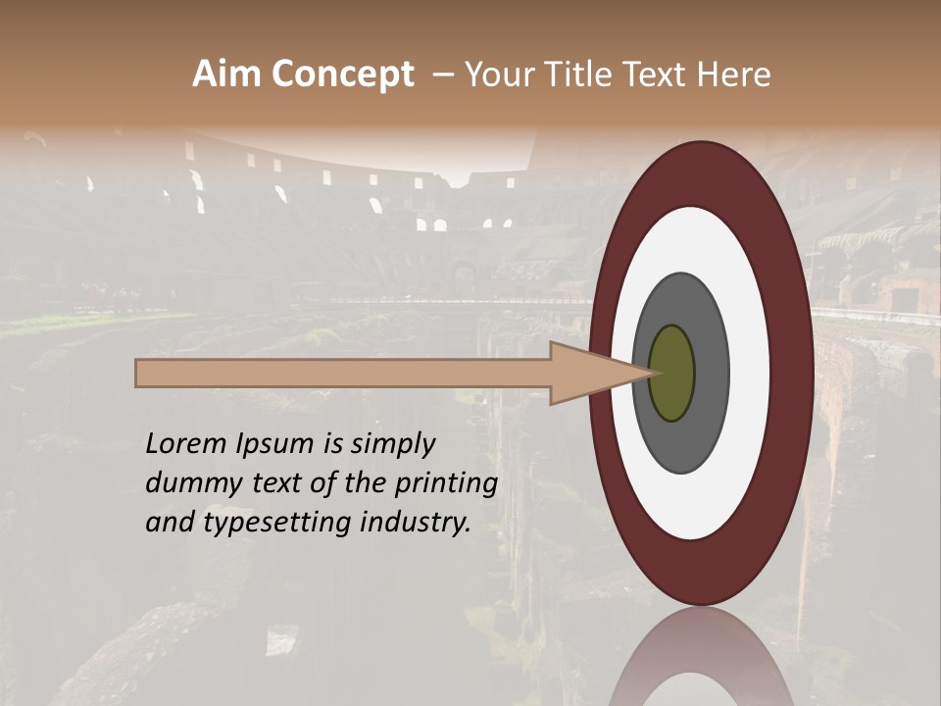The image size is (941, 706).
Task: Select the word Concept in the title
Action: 342,75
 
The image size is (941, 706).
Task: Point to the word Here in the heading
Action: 734,75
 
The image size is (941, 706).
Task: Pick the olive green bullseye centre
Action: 671,373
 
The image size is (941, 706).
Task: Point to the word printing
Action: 447,484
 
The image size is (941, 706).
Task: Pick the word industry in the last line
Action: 412,524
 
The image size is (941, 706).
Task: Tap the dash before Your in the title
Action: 443,75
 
